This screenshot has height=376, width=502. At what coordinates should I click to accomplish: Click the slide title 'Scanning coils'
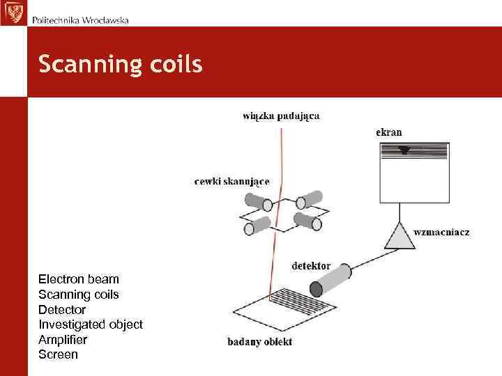tap(120, 65)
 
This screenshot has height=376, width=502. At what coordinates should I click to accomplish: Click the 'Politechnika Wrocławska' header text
tap(80, 19)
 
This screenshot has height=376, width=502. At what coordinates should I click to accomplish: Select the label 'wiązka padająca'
tap(281, 116)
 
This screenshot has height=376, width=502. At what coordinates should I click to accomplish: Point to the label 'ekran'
tap(388, 132)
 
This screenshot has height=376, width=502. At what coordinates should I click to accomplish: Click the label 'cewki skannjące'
tap(231, 182)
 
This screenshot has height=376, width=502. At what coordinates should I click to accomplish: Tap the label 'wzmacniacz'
tap(441, 232)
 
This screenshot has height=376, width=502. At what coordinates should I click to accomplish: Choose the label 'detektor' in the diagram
tap(310, 266)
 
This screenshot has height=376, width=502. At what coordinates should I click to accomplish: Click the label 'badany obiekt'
tap(259, 342)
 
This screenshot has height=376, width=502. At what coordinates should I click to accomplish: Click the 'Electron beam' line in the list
tap(79, 279)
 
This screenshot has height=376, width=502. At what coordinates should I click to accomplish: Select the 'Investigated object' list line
tap(91, 324)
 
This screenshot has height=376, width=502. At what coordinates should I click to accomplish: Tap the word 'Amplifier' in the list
tap(63, 340)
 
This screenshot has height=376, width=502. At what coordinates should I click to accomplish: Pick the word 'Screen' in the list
tap(58, 354)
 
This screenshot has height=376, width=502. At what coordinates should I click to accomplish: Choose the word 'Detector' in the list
tap(62, 309)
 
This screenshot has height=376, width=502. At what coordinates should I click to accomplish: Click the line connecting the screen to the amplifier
tap(400, 211)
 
